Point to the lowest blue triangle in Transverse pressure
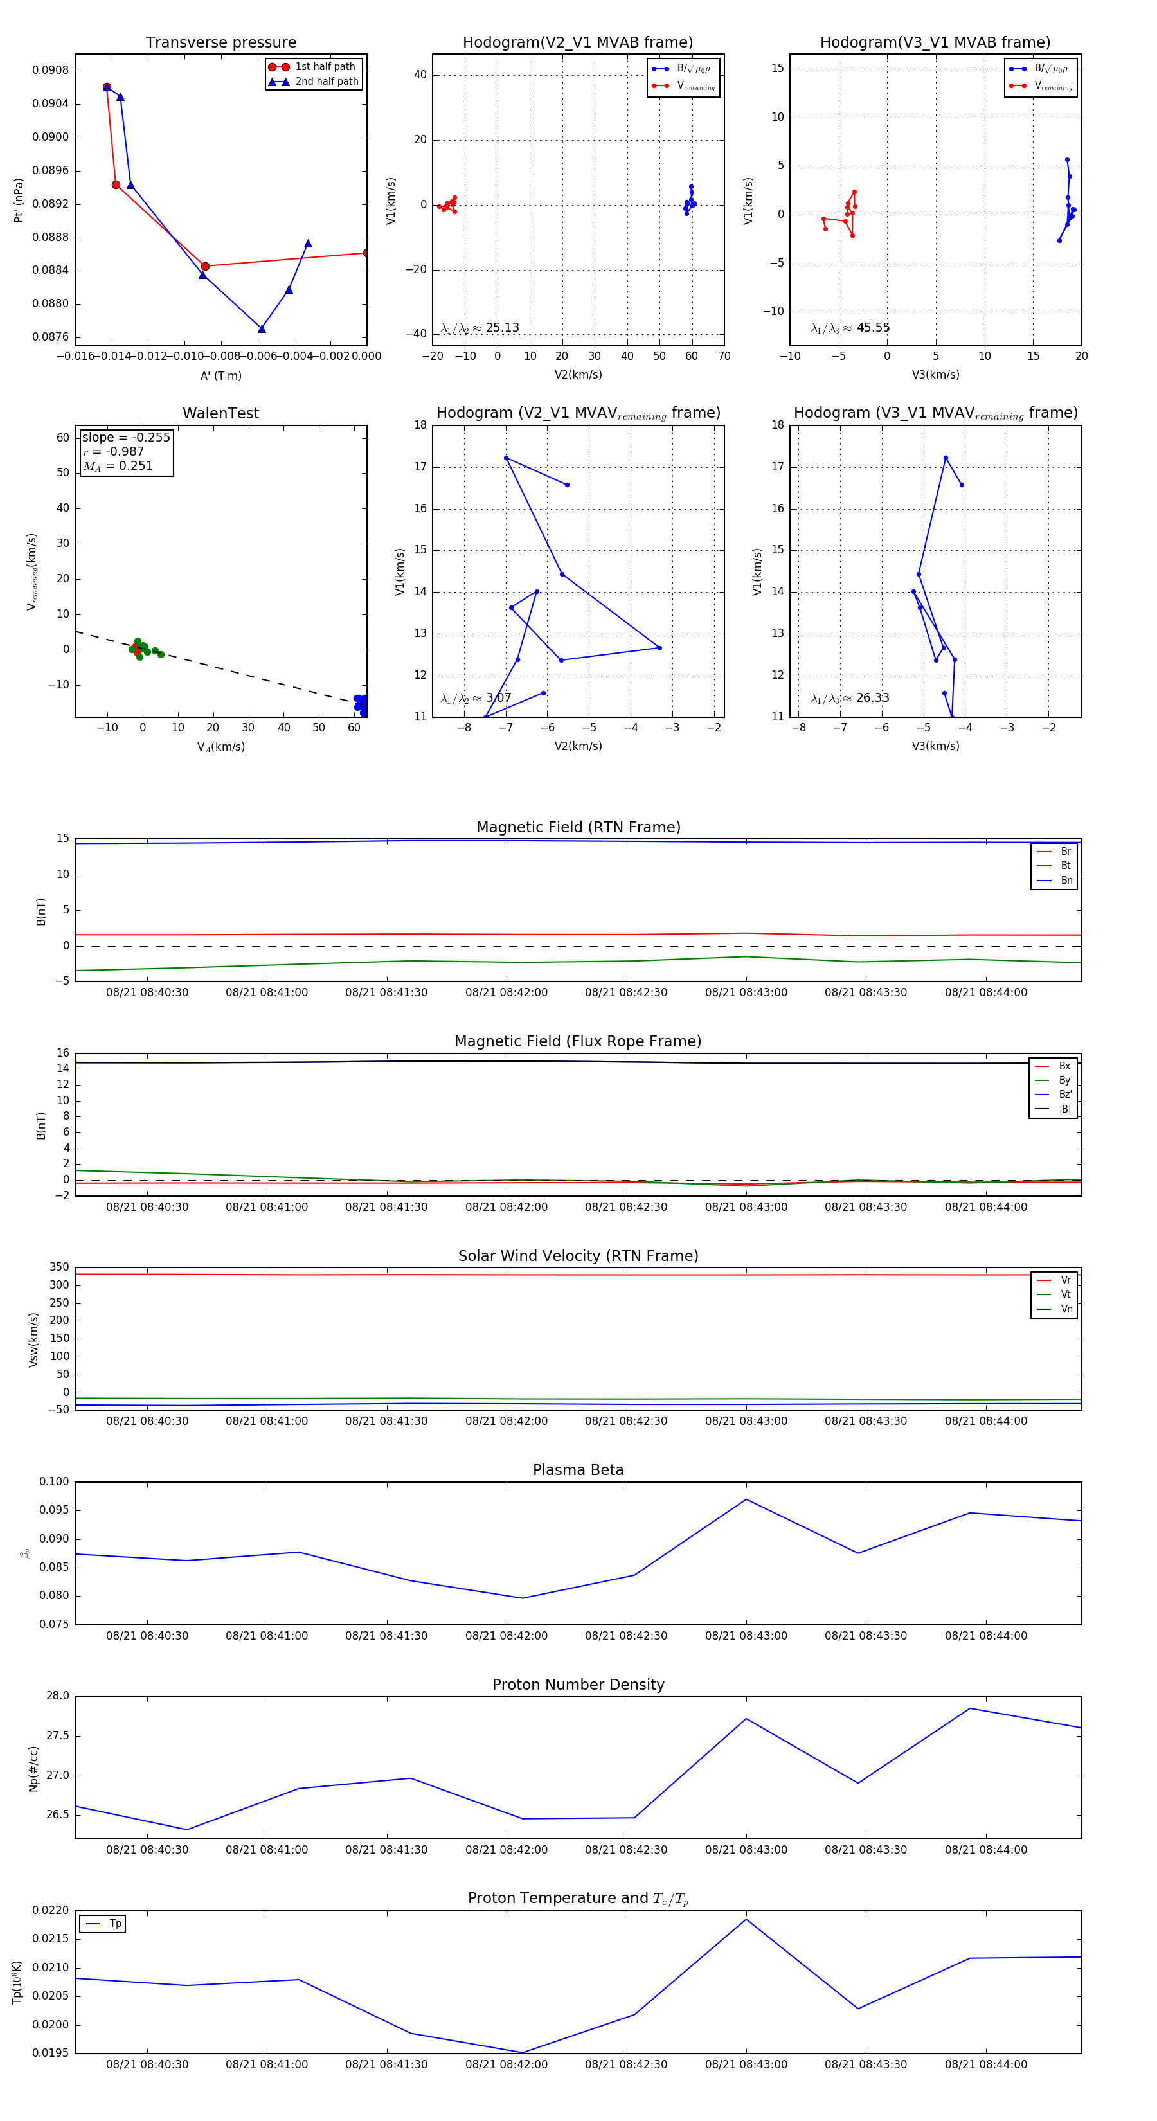[262, 329]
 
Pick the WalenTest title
[220, 413]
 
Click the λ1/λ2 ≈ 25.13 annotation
[480, 328]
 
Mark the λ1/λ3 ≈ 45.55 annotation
[850, 328]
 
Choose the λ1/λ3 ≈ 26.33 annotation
[850, 698]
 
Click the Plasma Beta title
[578, 1471]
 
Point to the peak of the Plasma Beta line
[746, 1499]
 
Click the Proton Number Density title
[578, 1685]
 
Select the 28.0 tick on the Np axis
[58, 1696]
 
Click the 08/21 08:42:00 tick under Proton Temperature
[507, 2064]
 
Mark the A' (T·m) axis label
[220, 375]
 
